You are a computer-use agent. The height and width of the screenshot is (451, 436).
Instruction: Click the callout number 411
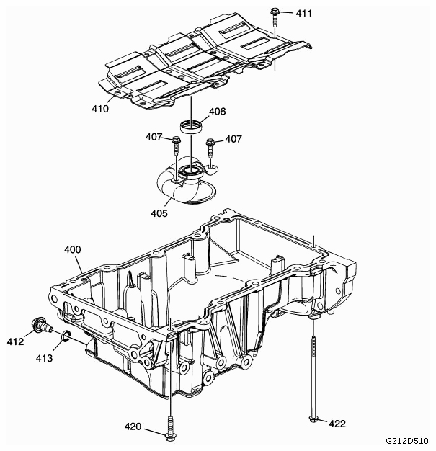[x=304, y=13]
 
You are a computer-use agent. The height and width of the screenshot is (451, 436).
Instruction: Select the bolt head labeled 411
[x=275, y=12]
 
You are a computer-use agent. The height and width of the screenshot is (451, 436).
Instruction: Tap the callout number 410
[x=100, y=109]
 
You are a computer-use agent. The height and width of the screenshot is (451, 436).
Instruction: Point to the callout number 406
[x=218, y=112]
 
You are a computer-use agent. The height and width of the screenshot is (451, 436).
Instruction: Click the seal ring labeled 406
[x=190, y=126]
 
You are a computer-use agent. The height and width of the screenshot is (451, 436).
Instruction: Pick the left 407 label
[x=154, y=137]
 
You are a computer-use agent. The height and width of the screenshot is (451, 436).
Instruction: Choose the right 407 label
[x=233, y=139]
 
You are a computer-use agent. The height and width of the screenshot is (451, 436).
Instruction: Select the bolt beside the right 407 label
[x=210, y=148]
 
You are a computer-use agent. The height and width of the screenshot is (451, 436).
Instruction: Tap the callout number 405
[x=159, y=213]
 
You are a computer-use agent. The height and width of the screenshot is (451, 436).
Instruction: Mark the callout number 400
[x=73, y=250]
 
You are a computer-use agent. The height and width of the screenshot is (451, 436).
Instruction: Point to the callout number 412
[x=15, y=341]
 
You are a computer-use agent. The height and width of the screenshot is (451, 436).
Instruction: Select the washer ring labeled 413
[x=66, y=336]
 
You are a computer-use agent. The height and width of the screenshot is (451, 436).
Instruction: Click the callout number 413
[x=44, y=358]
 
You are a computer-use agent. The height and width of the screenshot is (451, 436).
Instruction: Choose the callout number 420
[x=133, y=427]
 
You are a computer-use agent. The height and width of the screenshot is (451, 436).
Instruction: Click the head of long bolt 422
[x=313, y=419]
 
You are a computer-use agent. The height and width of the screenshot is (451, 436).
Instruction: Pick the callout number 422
[x=337, y=424]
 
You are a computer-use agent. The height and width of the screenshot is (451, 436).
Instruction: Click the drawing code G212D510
[x=407, y=441]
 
